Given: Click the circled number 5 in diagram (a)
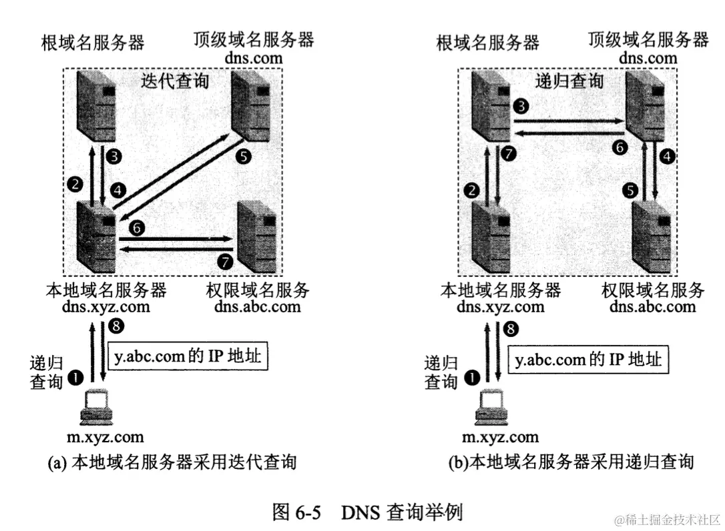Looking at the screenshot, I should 243,157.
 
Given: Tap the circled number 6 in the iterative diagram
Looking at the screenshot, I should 137,228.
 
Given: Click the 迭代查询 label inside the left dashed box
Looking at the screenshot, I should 175,81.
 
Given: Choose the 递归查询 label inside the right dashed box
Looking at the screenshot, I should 569,81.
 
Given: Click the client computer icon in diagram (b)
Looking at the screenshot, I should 491,408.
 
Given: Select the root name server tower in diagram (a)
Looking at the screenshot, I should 95,104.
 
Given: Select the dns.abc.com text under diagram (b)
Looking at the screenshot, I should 652,307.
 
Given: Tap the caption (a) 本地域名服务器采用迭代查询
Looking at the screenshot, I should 172,462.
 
